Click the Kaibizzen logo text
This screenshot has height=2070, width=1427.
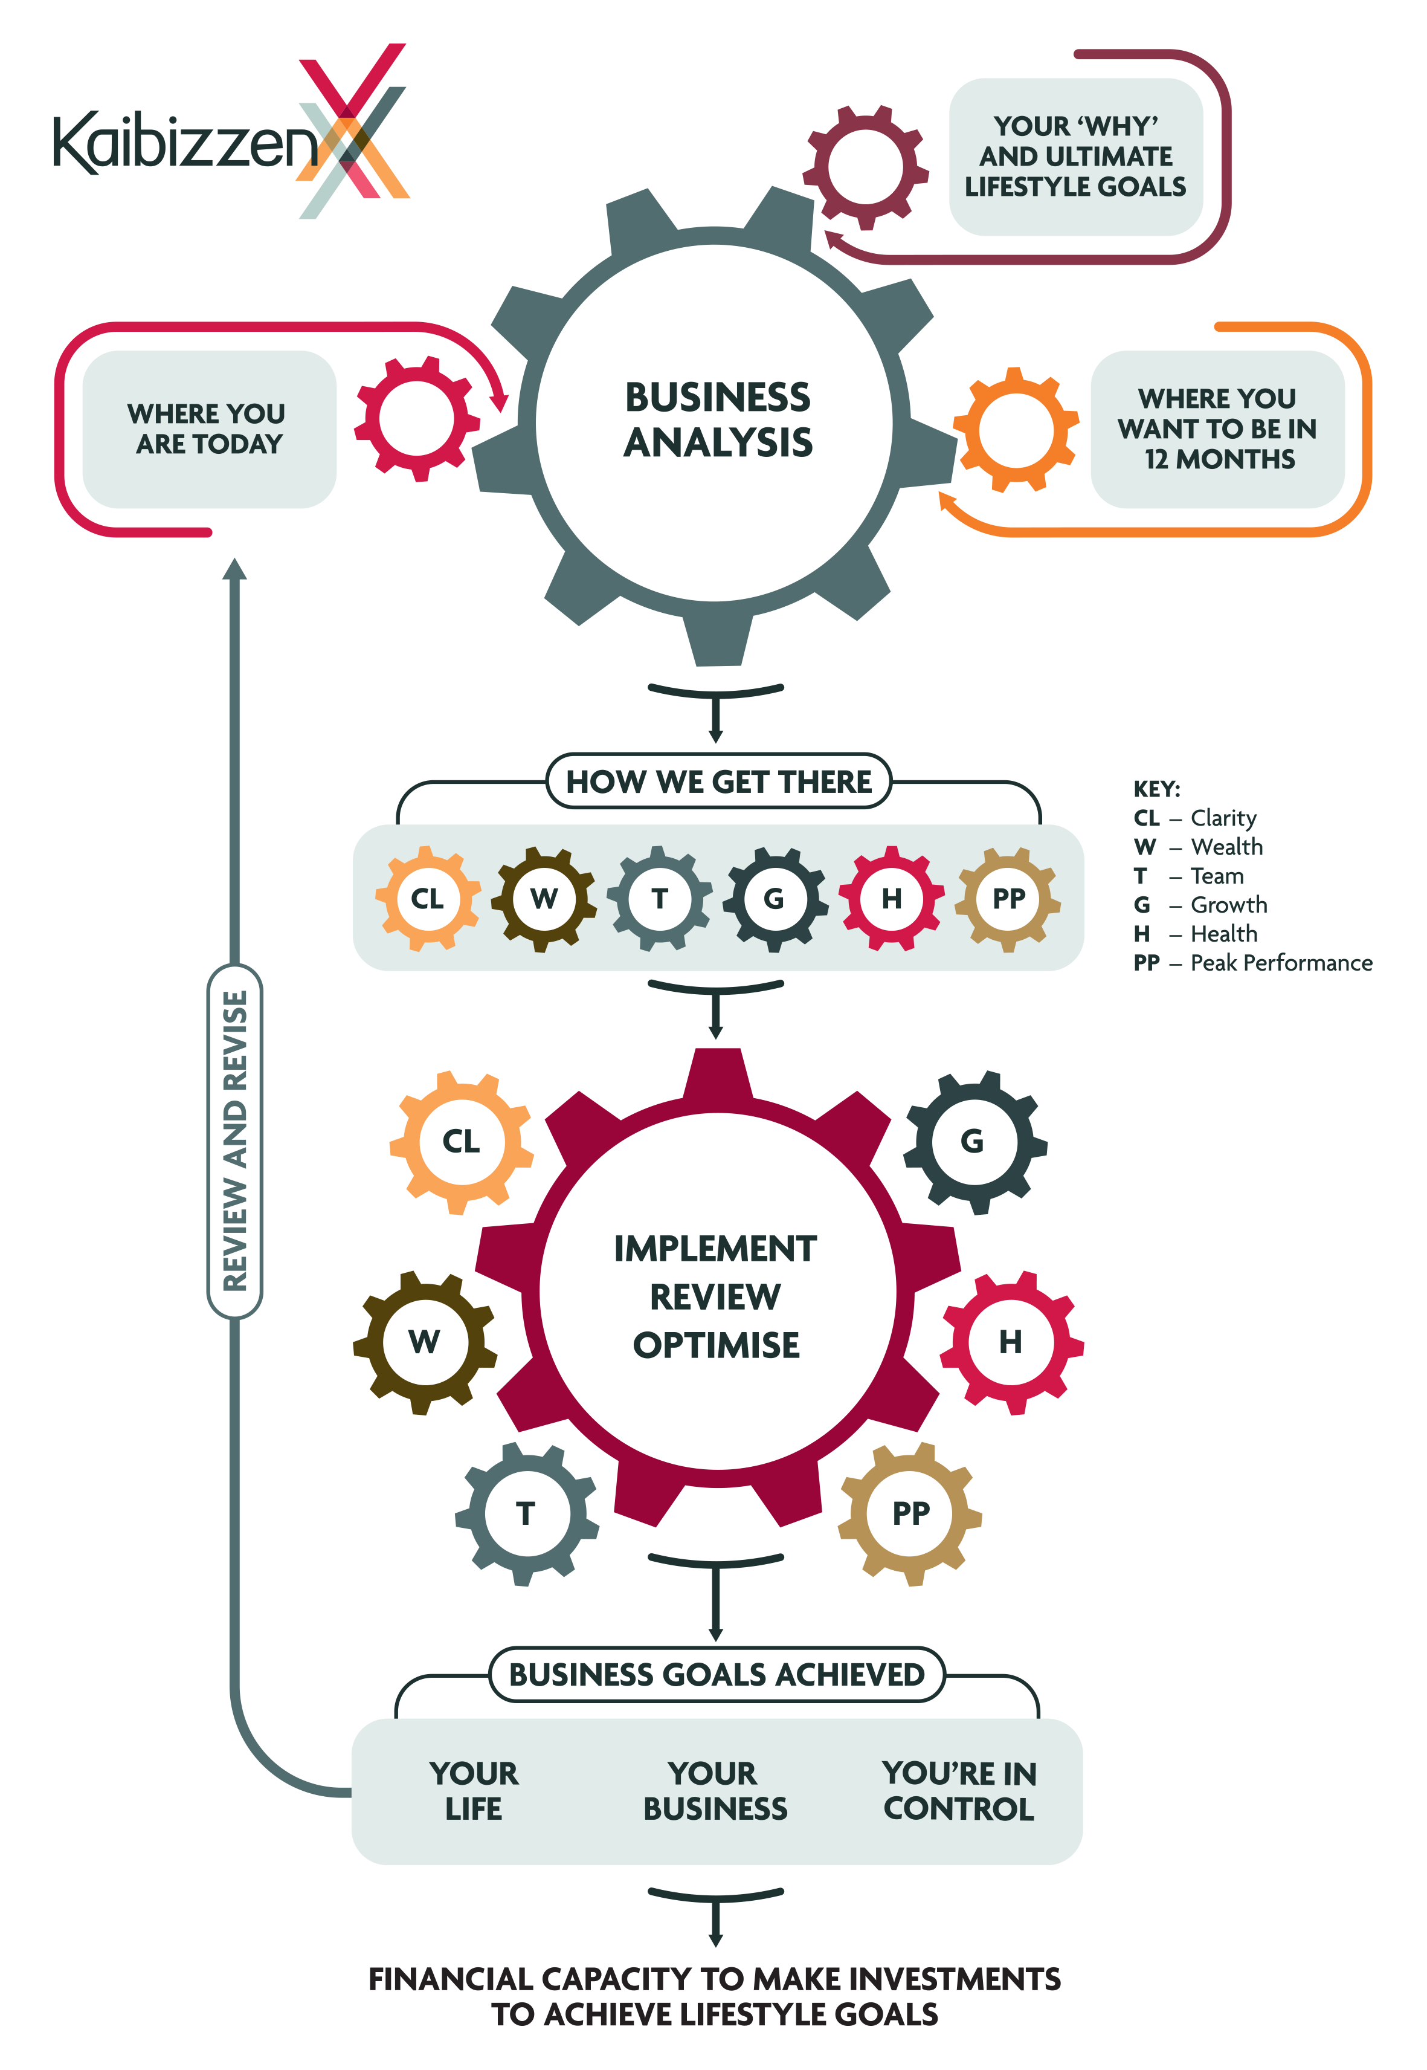pyautogui.click(x=183, y=143)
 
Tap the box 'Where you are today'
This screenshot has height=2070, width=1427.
pyautogui.click(x=209, y=429)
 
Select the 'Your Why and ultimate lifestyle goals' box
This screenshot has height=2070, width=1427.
pyautogui.click(x=1075, y=157)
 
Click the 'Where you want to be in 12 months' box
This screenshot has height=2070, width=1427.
pyautogui.click(x=1217, y=429)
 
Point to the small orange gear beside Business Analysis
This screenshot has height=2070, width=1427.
pyautogui.click(x=1016, y=429)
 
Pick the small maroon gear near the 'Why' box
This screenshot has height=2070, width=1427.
pyautogui.click(x=865, y=167)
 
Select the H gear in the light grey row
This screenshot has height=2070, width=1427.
pyautogui.click(x=892, y=898)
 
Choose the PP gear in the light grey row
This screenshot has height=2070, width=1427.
pyautogui.click(x=1008, y=898)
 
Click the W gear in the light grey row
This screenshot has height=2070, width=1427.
pyautogui.click(x=544, y=898)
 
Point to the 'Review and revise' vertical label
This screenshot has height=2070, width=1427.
pyautogui.click(x=235, y=1140)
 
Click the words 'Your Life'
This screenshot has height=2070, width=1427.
pyautogui.click(x=474, y=1790)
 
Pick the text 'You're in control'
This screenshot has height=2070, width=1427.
pyautogui.click(x=959, y=1790)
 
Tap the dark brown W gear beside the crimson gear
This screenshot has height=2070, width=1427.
pyautogui.click(x=425, y=1342)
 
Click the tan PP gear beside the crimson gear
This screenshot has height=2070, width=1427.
pyautogui.click(x=910, y=1513)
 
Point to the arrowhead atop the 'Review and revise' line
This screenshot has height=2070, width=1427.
pyautogui.click(x=235, y=568)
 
